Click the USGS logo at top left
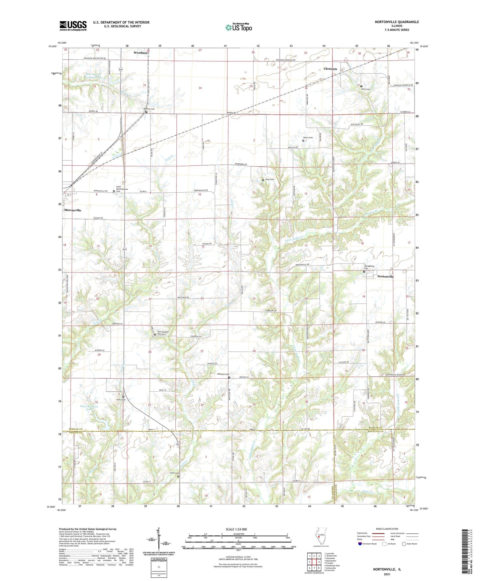click(x=73, y=25)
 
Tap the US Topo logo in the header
click(x=238, y=27)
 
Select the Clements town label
click(x=330, y=69)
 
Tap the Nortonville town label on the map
click(x=385, y=277)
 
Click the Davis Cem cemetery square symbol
click(x=361, y=86)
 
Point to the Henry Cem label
click(x=308, y=137)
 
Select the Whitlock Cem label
click(x=223, y=374)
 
